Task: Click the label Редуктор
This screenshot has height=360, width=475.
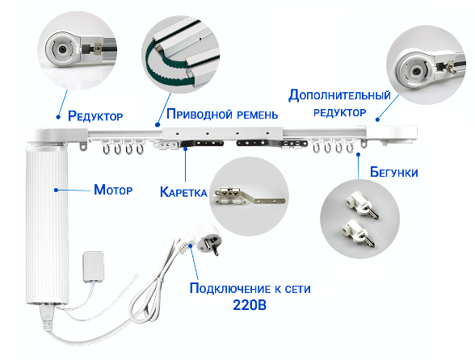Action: tap(96, 116)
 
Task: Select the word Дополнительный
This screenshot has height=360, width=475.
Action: tap(339, 94)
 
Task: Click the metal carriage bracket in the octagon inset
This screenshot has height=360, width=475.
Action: tap(247, 195)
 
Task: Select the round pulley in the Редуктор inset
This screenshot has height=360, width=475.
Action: tap(61, 50)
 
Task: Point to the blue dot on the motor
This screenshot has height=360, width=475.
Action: tap(54, 190)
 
